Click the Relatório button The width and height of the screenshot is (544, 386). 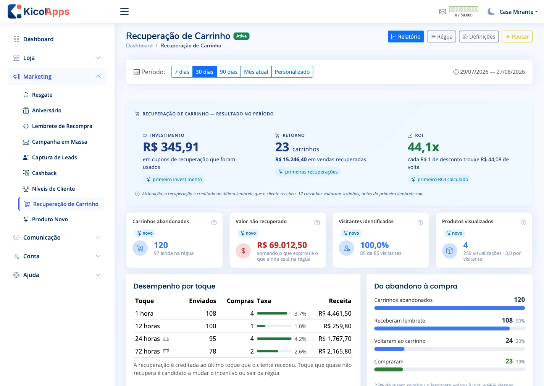pyautogui.click(x=405, y=36)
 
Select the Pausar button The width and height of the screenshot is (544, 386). pyautogui.click(x=517, y=36)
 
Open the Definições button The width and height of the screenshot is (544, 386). pyautogui.click(x=479, y=36)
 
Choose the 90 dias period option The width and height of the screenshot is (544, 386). pyautogui.click(x=229, y=72)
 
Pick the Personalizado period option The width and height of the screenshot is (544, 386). pyautogui.click(x=292, y=72)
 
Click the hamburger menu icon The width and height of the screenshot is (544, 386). pyautogui.click(x=124, y=11)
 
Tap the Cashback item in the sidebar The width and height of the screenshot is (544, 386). pyautogui.click(x=44, y=173)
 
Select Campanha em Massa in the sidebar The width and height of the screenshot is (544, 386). pyautogui.click(x=60, y=142)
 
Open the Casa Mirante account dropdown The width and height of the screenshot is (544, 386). pyautogui.click(x=518, y=12)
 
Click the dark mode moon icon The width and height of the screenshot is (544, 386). pyautogui.click(x=491, y=12)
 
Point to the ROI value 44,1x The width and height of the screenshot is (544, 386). pyautogui.click(x=423, y=147)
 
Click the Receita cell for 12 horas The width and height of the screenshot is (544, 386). pyautogui.click(x=337, y=326)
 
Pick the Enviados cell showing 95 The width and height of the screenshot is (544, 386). pyautogui.click(x=213, y=339)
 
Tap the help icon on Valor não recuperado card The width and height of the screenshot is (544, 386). pyautogui.click(x=317, y=222)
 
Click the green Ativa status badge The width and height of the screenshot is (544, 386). pyautogui.click(x=241, y=36)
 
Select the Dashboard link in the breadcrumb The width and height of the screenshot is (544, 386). pyautogui.click(x=139, y=46)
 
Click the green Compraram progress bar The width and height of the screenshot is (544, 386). pyautogui.click(x=388, y=370)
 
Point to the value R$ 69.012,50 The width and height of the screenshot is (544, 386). pyautogui.click(x=282, y=245)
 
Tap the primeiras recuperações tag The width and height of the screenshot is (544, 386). pyautogui.click(x=308, y=172)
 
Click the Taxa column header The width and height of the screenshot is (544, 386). pyautogui.click(x=264, y=301)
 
